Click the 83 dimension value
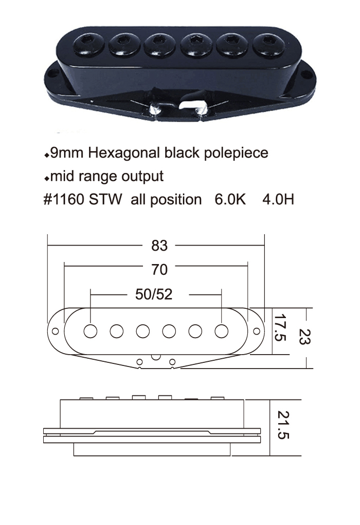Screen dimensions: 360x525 point(159,246)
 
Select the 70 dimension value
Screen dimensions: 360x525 point(159,270)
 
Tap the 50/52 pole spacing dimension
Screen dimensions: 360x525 point(154,294)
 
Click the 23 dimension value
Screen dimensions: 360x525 point(304,337)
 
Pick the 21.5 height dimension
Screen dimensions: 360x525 point(283,425)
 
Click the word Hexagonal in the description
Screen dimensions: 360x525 point(124,153)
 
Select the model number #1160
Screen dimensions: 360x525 point(64,200)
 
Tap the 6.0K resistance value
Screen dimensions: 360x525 point(230,200)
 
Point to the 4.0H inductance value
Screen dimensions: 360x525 point(278,200)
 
